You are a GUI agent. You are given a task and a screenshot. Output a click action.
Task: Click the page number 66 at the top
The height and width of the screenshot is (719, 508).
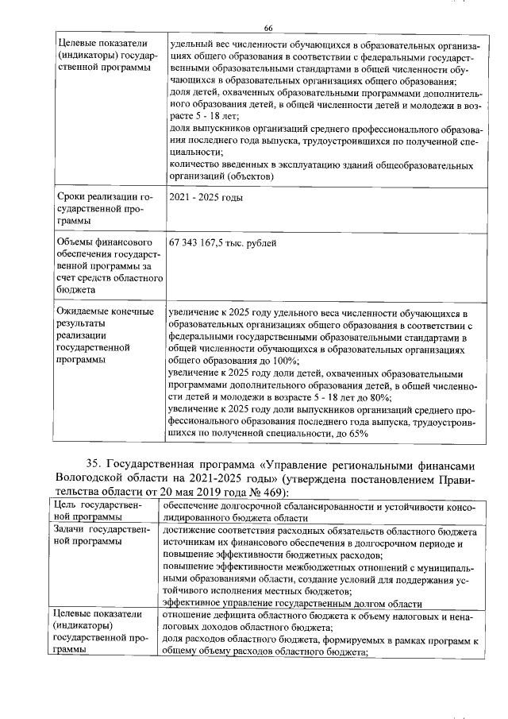268,28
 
